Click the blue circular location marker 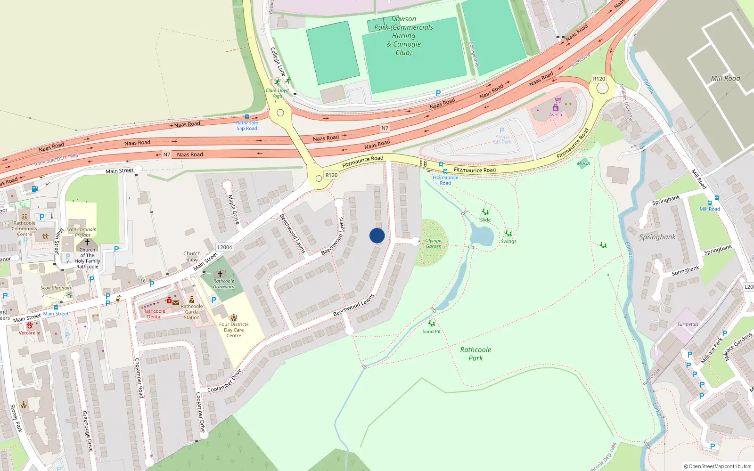point(377,235)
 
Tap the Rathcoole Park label point(475,354)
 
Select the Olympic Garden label point(434,244)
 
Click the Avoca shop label point(555,114)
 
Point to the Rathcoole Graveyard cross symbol point(220,274)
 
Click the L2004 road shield point(225,247)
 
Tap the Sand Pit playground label point(431,332)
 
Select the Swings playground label point(508,241)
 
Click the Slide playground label point(485,220)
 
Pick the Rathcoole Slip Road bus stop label point(247,125)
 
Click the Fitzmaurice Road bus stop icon point(441,165)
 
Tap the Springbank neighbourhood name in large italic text point(657,237)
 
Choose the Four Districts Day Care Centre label point(234,330)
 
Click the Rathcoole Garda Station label point(192,312)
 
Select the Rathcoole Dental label point(154,314)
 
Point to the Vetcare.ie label point(30,333)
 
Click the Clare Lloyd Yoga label point(277,93)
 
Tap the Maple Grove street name point(233,210)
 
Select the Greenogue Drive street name point(87,431)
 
